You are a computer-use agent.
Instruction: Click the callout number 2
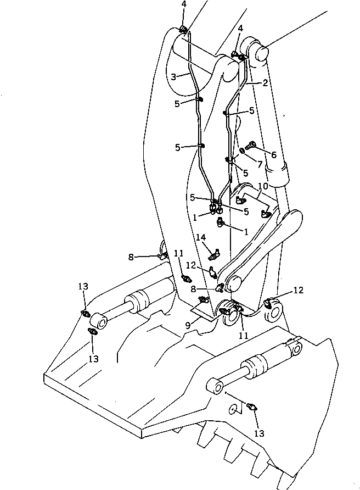[x=265, y=83]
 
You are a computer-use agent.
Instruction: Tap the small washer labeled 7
[x=243, y=151]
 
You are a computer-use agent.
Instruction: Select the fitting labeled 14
[x=214, y=253]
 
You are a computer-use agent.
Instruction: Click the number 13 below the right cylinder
[x=258, y=433]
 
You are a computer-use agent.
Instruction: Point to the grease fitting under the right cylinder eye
[x=252, y=407]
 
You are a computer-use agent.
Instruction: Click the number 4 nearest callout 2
[x=239, y=27]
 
